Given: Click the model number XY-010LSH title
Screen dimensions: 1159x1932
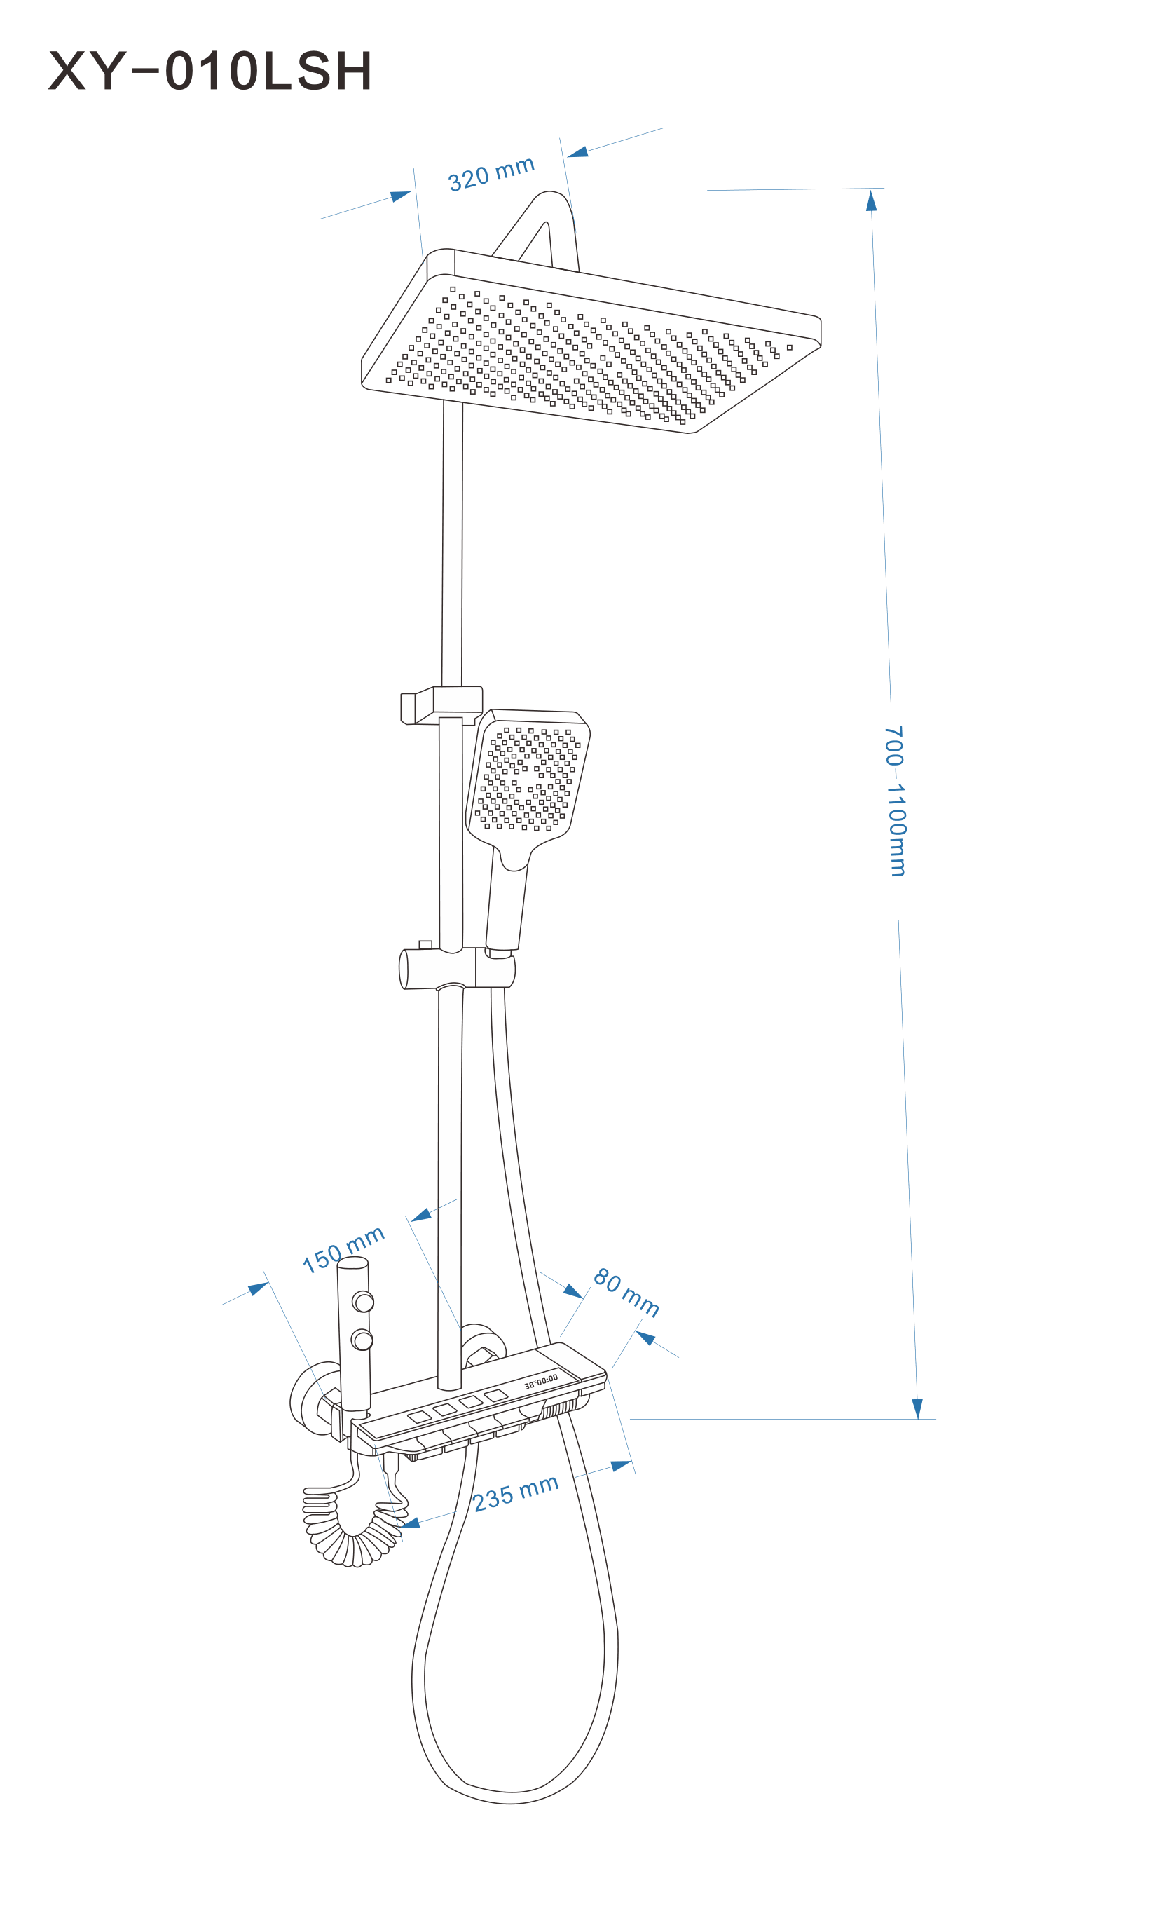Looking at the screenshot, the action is click(x=210, y=71).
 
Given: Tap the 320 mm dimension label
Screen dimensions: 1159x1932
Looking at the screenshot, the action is click(x=491, y=173).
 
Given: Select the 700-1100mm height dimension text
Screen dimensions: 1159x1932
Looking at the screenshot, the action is click(x=895, y=801).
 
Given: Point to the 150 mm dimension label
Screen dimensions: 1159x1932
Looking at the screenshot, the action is click(x=343, y=1249).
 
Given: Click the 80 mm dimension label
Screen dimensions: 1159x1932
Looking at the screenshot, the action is click(x=626, y=1292).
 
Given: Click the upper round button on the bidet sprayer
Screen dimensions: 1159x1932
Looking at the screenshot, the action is click(x=363, y=1302).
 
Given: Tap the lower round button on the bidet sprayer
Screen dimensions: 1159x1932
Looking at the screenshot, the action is click(x=362, y=1340).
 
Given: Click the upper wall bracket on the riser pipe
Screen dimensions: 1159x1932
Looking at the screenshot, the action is click(x=441, y=705).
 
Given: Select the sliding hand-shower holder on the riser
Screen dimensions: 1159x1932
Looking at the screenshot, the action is click(x=457, y=969).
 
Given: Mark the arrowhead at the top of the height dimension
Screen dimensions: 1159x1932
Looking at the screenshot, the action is click(x=872, y=200).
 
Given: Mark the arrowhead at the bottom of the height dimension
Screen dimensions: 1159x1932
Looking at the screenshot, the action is click(x=918, y=1408).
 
